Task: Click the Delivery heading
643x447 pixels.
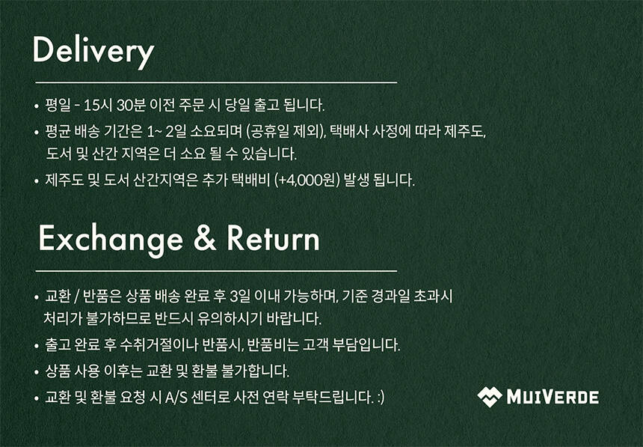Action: click(93, 52)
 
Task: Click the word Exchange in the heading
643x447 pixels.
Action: click(111, 239)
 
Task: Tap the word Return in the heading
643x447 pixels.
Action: click(273, 238)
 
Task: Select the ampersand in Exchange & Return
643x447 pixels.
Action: click(205, 238)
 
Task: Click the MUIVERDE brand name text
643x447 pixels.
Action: click(553, 397)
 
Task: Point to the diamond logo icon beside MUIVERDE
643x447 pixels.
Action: click(489, 397)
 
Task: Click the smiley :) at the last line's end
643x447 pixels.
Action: click(381, 398)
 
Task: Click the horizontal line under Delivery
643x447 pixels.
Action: click(216, 82)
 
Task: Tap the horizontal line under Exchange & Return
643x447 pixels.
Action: click(216, 271)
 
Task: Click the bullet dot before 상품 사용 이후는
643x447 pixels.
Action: click(37, 372)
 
